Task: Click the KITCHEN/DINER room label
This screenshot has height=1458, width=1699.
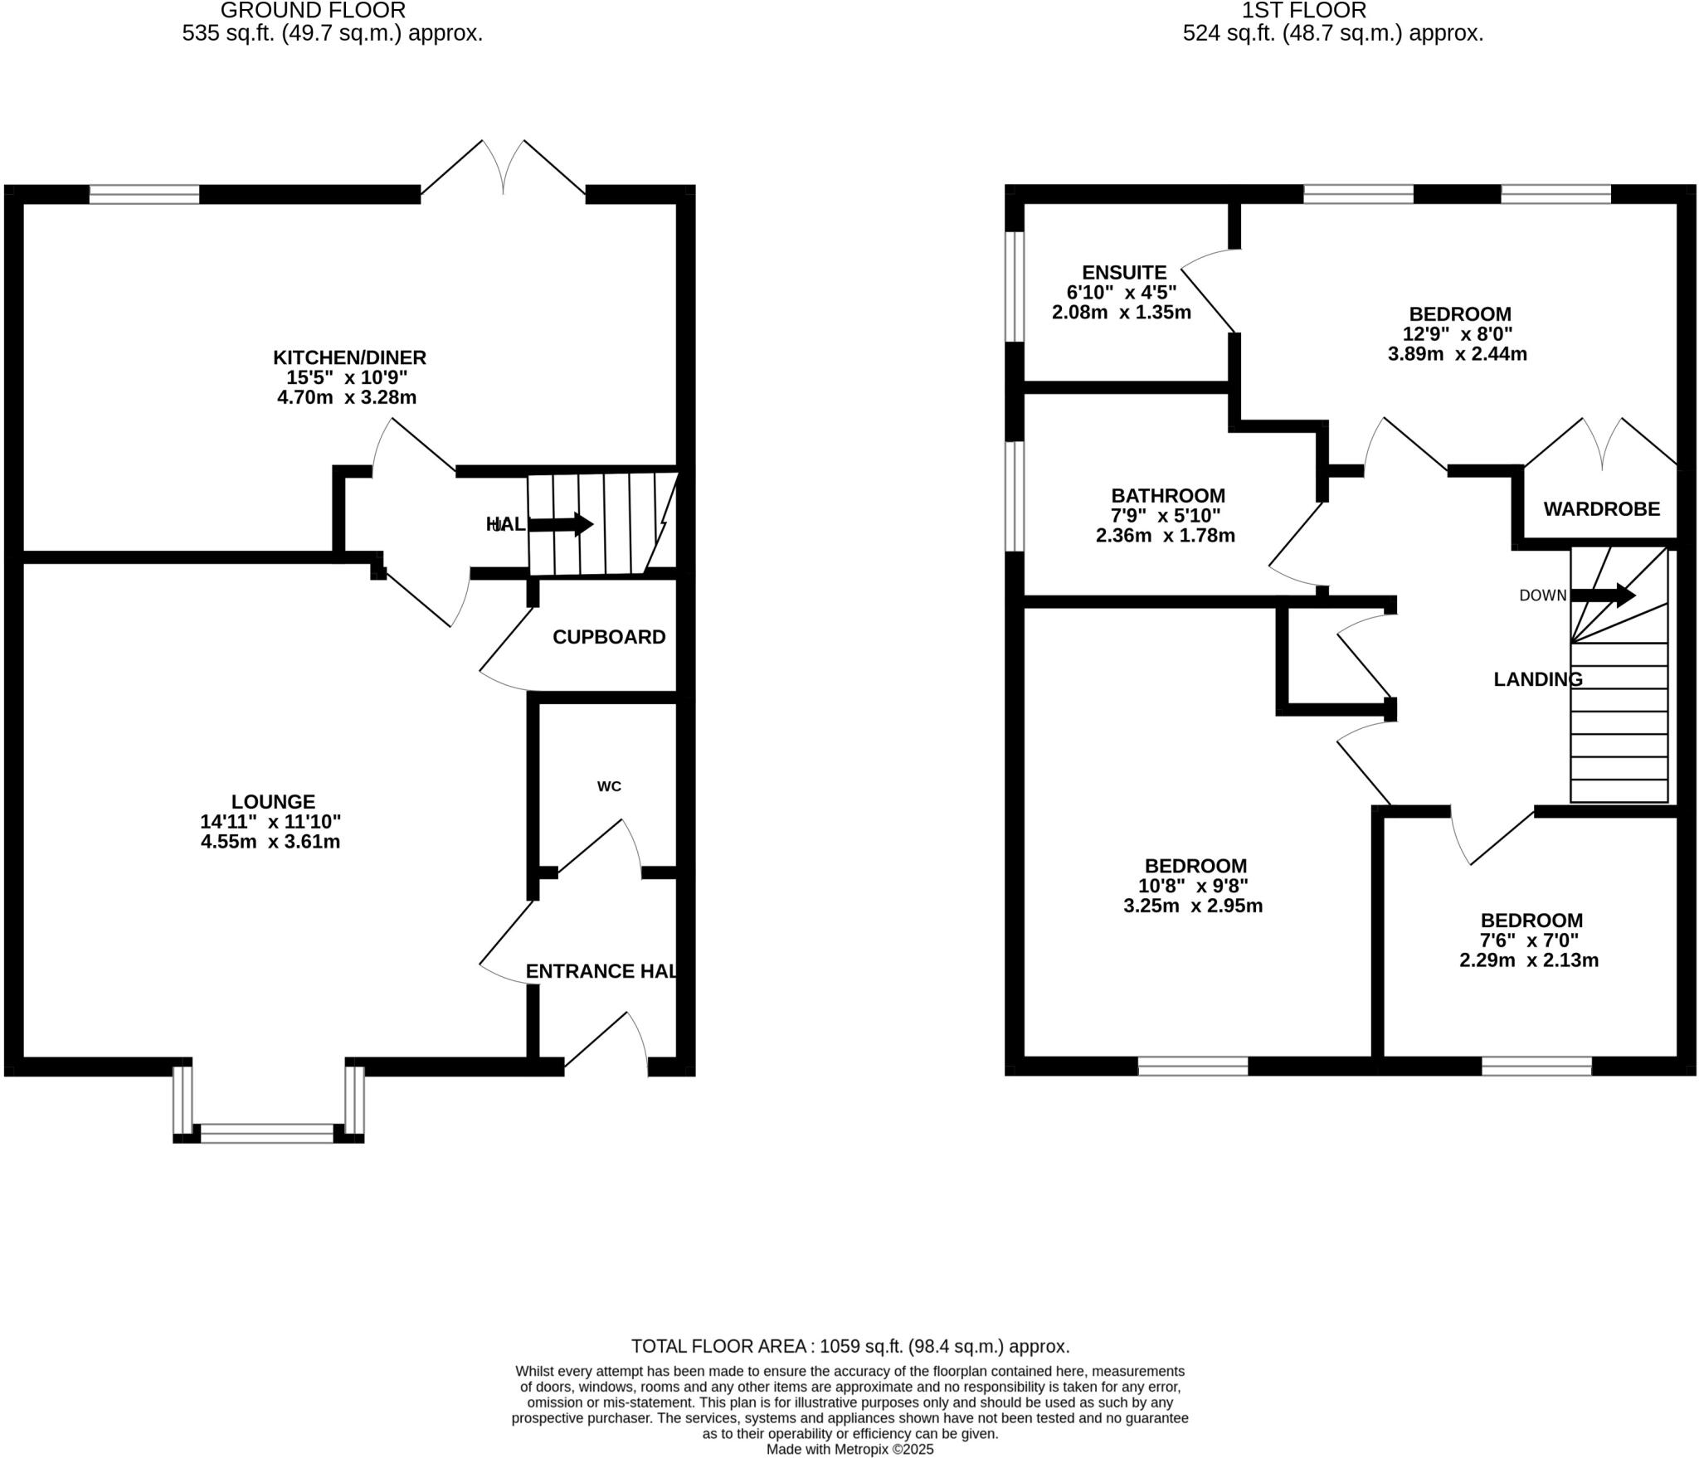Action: click(x=349, y=357)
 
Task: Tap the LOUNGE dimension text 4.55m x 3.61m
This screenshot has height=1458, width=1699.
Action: click(x=270, y=842)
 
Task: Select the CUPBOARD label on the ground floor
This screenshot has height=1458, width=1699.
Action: click(x=609, y=637)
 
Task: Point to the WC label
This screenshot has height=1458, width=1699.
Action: click(x=609, y=786)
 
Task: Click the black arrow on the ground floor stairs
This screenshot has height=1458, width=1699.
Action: click(x=562, y=524)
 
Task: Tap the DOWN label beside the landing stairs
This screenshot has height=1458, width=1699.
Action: click(x=1542, y=595)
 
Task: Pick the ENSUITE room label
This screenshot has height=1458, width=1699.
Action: click(x=1124, y=272)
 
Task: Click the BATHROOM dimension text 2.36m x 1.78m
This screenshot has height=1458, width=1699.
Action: click(x=1165, y=536)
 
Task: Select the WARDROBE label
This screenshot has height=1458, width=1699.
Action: click(x=1601, y=509)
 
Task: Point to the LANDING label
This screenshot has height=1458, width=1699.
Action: click(x=1537, y=679)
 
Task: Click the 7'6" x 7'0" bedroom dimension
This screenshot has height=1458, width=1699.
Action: click(x=1529, y=940)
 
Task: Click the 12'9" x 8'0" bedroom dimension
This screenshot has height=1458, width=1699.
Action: click(x=1458, y=334)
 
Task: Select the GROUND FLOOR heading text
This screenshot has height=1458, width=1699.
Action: click(x=313, y=11)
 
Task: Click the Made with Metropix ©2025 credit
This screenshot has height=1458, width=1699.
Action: click(x=849, y=1450)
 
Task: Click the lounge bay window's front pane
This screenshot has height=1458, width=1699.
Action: click(x=267, y=1134)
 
